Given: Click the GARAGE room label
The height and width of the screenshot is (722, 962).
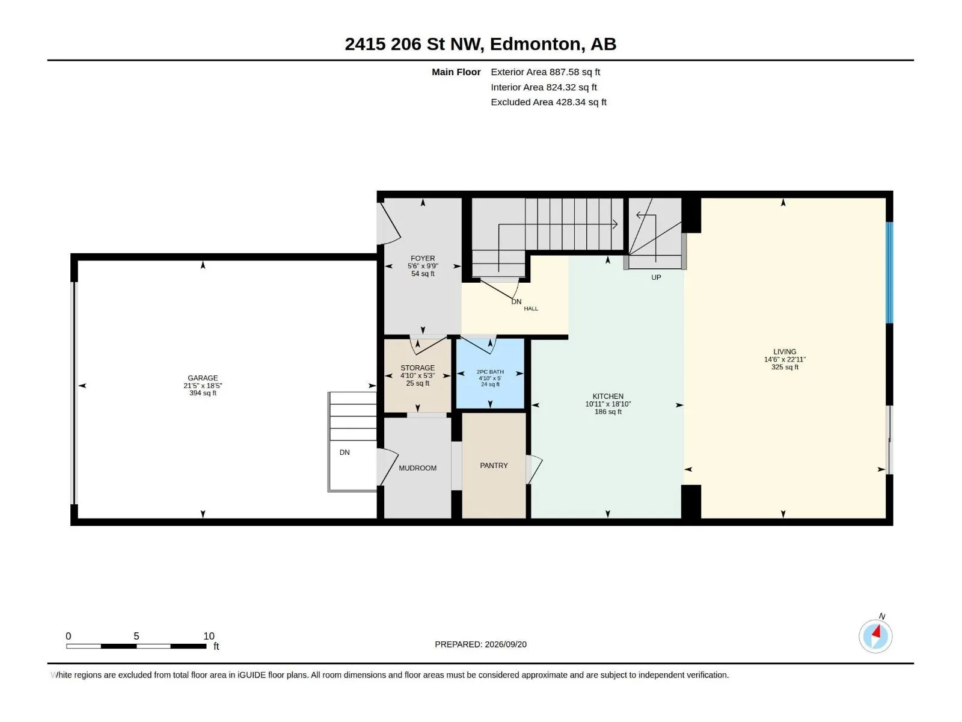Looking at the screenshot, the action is coord(203,378).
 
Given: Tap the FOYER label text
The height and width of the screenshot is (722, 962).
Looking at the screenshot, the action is coord(423,258).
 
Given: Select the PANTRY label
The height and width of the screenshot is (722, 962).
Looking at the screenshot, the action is coord(494,465).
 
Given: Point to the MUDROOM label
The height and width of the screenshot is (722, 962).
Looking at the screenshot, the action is coord(417,467).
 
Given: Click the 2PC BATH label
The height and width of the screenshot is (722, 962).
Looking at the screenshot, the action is coord(490,372).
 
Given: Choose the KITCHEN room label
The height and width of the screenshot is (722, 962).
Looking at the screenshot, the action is coord(607,396).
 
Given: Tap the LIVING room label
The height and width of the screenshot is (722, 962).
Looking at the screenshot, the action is coord(785,351).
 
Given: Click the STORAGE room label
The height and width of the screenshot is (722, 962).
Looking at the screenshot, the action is coord(417,368).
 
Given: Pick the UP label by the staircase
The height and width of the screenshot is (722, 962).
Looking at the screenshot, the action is coord(655,277).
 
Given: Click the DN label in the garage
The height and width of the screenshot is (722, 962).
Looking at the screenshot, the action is coord(345,452).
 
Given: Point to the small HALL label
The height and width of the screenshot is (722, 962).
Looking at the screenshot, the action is coord(531,308).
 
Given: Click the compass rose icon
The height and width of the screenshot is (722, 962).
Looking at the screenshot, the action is coord(875,636).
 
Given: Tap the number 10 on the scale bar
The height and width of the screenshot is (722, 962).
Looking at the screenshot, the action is coord(209,635).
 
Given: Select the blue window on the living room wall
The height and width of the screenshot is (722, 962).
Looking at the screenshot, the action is coord(889,272).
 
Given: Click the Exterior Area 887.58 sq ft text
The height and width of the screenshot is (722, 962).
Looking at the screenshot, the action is coord(545,72).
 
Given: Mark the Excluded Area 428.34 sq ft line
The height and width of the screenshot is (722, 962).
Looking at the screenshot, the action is coord(548,102).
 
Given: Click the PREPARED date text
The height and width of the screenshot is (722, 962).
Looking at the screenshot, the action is coord(480,644).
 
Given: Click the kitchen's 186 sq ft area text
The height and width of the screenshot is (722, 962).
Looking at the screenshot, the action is coord(607,412).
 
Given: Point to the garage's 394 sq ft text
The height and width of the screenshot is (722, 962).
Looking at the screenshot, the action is coord(203,393).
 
